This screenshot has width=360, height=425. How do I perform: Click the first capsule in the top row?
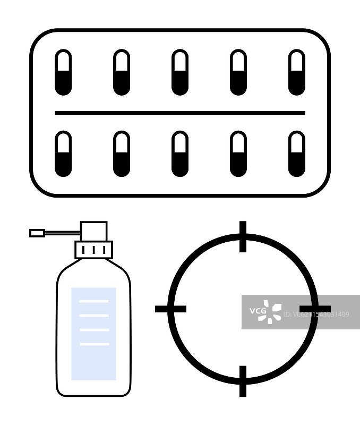63,72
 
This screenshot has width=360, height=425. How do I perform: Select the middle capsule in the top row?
179,72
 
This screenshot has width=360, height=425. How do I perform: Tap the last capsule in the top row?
296,72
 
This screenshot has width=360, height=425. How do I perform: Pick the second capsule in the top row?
122,72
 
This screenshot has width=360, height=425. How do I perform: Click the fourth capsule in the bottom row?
238,154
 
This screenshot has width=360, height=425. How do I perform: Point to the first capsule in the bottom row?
63,154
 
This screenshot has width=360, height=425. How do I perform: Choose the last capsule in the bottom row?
296,154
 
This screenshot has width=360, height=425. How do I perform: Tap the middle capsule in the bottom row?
179,154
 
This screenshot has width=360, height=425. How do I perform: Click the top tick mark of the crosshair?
243,236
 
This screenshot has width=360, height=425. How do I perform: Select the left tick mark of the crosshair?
170,309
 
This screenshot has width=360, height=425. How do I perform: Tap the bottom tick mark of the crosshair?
243,381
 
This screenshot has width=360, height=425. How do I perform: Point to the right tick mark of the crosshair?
315,309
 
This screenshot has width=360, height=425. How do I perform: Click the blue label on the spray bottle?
93,361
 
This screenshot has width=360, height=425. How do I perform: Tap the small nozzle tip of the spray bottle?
37,233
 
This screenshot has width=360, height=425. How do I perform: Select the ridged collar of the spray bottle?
93,250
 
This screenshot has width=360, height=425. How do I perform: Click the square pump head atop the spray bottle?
93,231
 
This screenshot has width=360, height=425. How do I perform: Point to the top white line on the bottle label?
93,301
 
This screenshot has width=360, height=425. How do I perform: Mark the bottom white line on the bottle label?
94,344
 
